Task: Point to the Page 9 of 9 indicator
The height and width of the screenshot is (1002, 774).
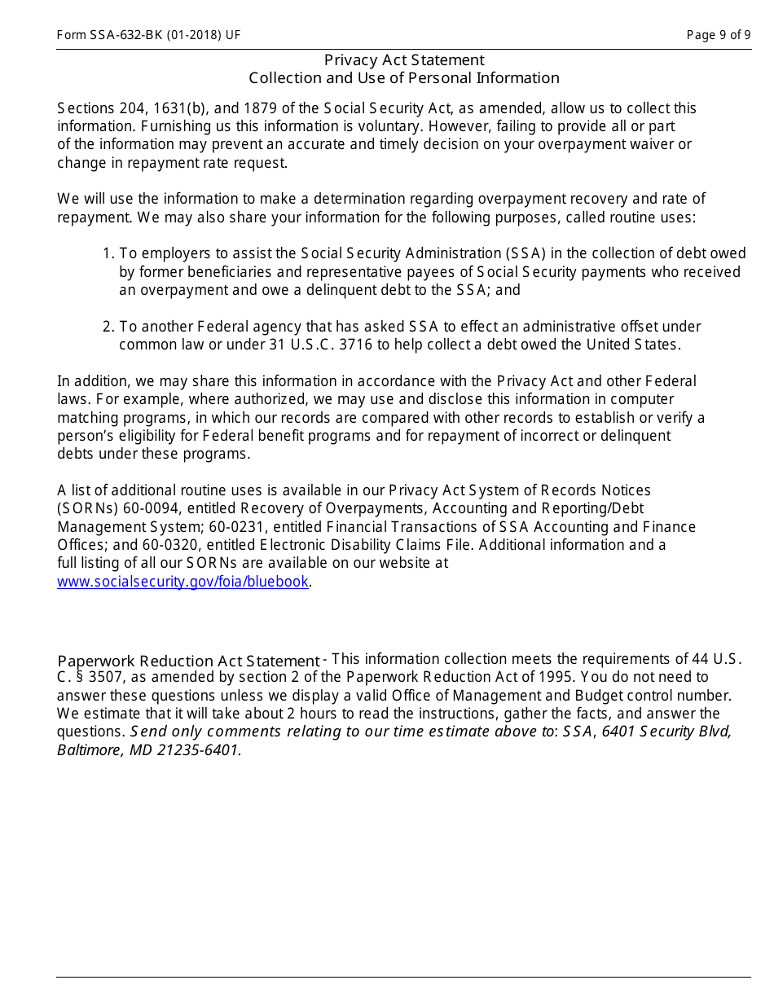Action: [x=718, y=35]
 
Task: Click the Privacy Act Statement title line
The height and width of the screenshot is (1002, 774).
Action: [x=404, y=60]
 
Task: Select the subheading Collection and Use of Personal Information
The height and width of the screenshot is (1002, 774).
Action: [x=404, y=78]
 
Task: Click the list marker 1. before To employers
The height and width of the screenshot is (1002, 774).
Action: [x=108, y=253]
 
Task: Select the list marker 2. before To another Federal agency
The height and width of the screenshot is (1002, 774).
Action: [x=108, y=327]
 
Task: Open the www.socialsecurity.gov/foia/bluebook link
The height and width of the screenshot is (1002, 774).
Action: [x=183, y=582]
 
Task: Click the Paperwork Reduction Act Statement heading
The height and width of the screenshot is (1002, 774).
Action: [x=188, y=661]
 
